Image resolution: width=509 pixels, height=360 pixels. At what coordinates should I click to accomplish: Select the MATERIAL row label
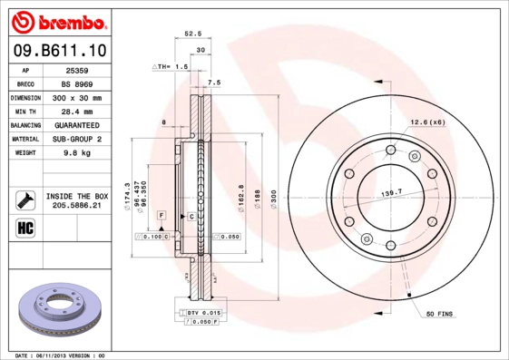(24, 139)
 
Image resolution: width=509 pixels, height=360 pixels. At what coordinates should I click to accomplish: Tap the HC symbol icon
(24, 226)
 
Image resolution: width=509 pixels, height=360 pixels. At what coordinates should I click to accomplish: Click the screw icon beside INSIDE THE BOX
(24, 199)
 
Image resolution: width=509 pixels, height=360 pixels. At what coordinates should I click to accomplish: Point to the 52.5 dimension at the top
(192, 34)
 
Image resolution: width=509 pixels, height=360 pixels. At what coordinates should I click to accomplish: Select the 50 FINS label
(439, 314)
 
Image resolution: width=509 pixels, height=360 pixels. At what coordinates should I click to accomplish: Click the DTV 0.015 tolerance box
(203, 312)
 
